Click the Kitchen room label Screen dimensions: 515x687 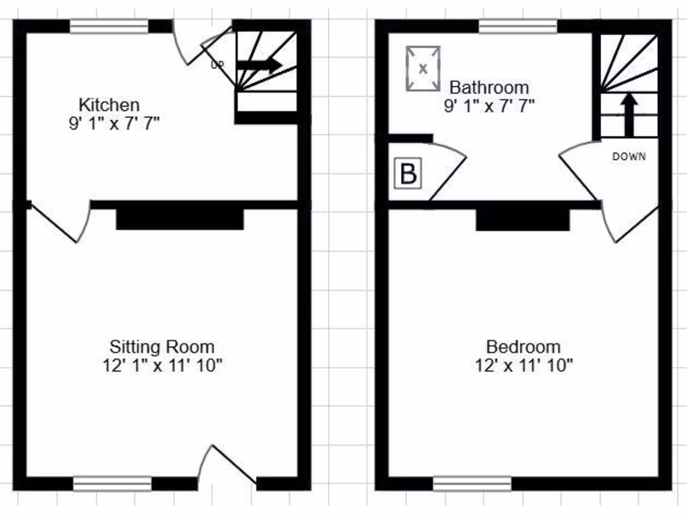(109, 105)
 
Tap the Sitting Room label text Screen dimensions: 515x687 (162, 347)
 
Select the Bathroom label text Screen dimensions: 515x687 (488, 87)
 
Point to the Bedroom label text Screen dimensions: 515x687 (523, 347)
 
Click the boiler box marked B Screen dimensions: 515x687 (407, 174)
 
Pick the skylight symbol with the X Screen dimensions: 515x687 (423, 68)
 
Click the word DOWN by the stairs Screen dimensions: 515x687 (629, 157)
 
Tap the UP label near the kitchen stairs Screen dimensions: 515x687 (217, 65)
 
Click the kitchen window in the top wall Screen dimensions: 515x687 (109, 26)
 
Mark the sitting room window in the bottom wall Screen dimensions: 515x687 (112, 483)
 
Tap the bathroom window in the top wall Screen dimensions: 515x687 (517, 26)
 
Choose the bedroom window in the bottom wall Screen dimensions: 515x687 (472, 483)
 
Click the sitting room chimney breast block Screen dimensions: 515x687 (179, 219)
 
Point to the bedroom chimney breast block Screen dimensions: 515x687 (523, 219)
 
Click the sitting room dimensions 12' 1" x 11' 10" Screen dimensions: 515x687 (162, 365)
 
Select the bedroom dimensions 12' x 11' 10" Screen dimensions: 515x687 (523, 365)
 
